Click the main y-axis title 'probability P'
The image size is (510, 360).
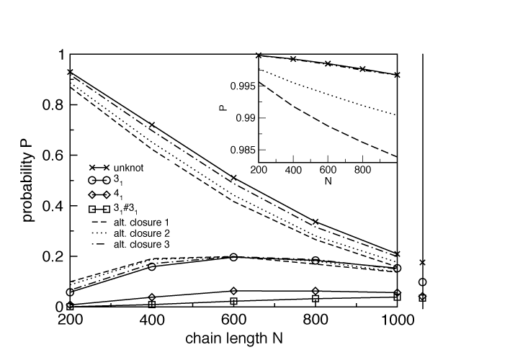28,180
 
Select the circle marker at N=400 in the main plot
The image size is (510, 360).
152,266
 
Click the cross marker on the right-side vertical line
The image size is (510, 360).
422,262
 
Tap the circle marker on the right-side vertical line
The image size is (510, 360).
422,282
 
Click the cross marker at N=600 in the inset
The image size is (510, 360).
328,63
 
